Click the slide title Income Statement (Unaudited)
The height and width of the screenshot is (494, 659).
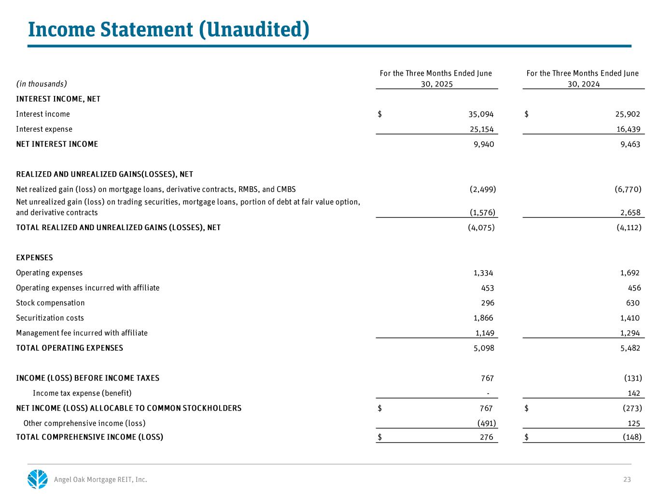[168, 29]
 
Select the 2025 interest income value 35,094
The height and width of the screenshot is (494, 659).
[478, 114]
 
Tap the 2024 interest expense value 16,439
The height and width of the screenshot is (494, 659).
[625, 129]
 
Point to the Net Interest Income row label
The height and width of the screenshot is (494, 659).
[57, 144]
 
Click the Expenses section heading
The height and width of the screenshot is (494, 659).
[34, 258]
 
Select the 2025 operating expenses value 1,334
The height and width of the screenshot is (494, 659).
[483, 273]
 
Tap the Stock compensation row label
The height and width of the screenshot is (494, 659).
[50, 303]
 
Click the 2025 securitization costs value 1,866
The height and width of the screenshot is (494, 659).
[483, 318]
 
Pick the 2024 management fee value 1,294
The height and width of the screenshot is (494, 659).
[630, 333]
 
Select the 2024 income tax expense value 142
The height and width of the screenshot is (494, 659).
[634, 393]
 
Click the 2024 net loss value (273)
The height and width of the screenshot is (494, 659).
[632, 408]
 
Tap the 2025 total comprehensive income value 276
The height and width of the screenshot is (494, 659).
[487, 437]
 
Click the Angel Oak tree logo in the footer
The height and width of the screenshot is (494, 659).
[38, 479]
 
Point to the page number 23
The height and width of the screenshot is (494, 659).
[627, 480]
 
